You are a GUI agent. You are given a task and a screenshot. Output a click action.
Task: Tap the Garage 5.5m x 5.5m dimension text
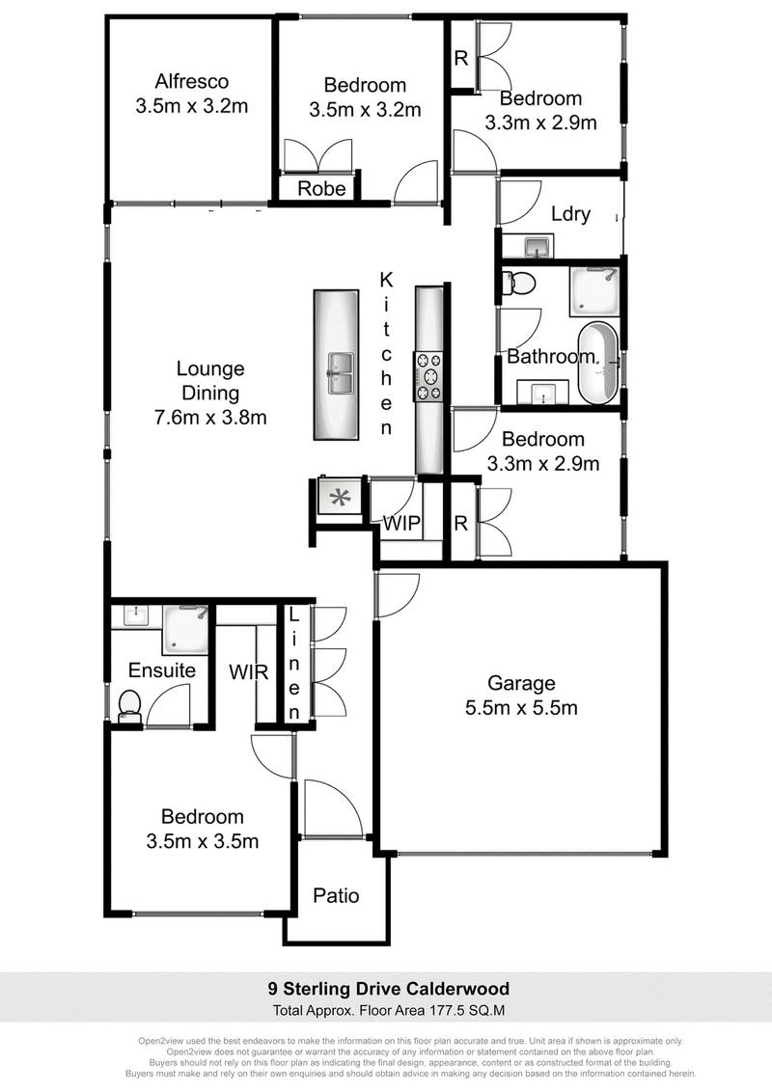(x=520, y=708)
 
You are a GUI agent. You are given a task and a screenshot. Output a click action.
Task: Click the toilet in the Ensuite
(x=128, y=706)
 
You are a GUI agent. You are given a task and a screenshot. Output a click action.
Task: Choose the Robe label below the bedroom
(x=320, y=189)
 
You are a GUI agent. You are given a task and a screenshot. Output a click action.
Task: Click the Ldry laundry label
(x=570, y=214)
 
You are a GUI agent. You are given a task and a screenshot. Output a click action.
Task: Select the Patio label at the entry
(x=336, y=895)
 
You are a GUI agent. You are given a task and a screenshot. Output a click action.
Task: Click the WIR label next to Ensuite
(x=247, y=670)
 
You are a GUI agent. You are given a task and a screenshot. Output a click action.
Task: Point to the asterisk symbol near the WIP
(x=339, y=499)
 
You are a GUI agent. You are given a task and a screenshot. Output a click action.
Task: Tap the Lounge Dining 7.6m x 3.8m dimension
(x=210, y=418)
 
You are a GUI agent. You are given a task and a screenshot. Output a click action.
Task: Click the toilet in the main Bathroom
(x=519, y=284)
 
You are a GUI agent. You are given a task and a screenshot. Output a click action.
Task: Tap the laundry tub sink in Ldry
(x=537, y=248)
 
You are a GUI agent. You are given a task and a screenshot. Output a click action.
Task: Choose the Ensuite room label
(x=162, y=670)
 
